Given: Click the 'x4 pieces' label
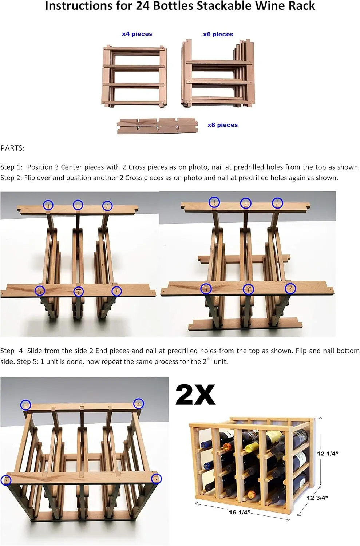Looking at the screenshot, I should click(137, 34).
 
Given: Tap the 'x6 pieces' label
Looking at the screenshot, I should click(218, 35).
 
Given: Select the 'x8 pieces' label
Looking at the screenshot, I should click(222, 125).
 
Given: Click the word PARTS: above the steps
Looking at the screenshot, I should click(13, 148).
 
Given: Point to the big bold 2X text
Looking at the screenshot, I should click(195, 395).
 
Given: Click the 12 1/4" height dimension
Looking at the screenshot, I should click(328, 454).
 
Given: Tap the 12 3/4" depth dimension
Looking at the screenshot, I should click(317, 498).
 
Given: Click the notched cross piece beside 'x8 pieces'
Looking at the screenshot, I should click(157, 126).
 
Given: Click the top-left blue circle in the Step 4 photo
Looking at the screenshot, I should click(25, 405).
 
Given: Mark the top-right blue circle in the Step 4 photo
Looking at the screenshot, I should click(139, 403).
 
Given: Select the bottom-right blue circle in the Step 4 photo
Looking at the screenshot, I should click(156, 479).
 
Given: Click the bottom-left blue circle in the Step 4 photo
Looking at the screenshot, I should click(6, 480).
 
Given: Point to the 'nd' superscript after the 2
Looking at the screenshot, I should click(209, 359).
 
